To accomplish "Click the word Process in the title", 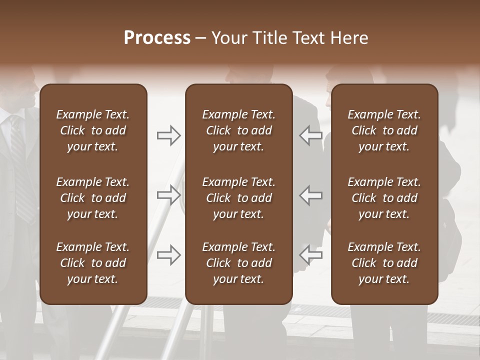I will [x=157, y=38].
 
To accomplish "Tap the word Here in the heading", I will [x=349, y=38].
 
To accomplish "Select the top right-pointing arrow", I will [x=169, y=135].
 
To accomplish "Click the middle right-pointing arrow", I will [x=169, y=195].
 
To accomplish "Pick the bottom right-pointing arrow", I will [x=169, y=254].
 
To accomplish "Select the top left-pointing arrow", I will [x=310, y=135].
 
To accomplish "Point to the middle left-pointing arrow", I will [x=310, y=195].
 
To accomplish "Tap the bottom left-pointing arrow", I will [x=310, y=254].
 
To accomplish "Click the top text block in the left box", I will [x=93, y=130].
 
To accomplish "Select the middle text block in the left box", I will [x=93, y=198].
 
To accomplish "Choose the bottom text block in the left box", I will [x=93, y=263].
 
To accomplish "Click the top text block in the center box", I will [x=238, y=130].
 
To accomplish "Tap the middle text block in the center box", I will [x=238, y=198].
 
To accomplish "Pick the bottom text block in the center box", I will [x=238, y=263].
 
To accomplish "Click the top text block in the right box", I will [x=384, y=130].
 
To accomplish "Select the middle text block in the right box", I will [x=384, y=198].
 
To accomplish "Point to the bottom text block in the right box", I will [x=384, y=263].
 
